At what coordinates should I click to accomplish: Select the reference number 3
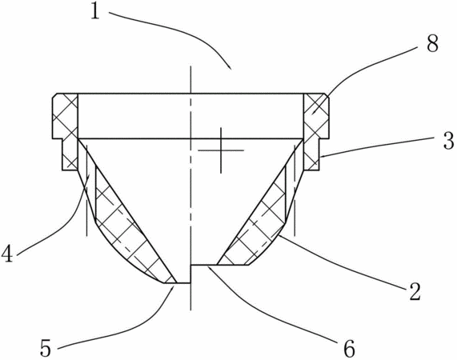[449, 141]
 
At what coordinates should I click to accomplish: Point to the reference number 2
[415, 291]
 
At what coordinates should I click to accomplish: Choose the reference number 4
[7, 254]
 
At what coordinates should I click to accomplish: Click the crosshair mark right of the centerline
[221, 150]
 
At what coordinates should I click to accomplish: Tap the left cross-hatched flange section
[66, 132]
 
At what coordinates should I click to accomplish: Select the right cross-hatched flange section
[316, 132]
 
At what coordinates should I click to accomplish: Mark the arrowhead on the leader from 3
[322, 158]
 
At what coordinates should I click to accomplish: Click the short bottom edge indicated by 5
[177, 283]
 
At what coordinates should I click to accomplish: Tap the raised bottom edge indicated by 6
[219, 265]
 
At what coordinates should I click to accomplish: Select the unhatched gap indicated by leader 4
[88, 181]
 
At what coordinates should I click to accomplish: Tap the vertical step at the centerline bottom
[190, 274]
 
